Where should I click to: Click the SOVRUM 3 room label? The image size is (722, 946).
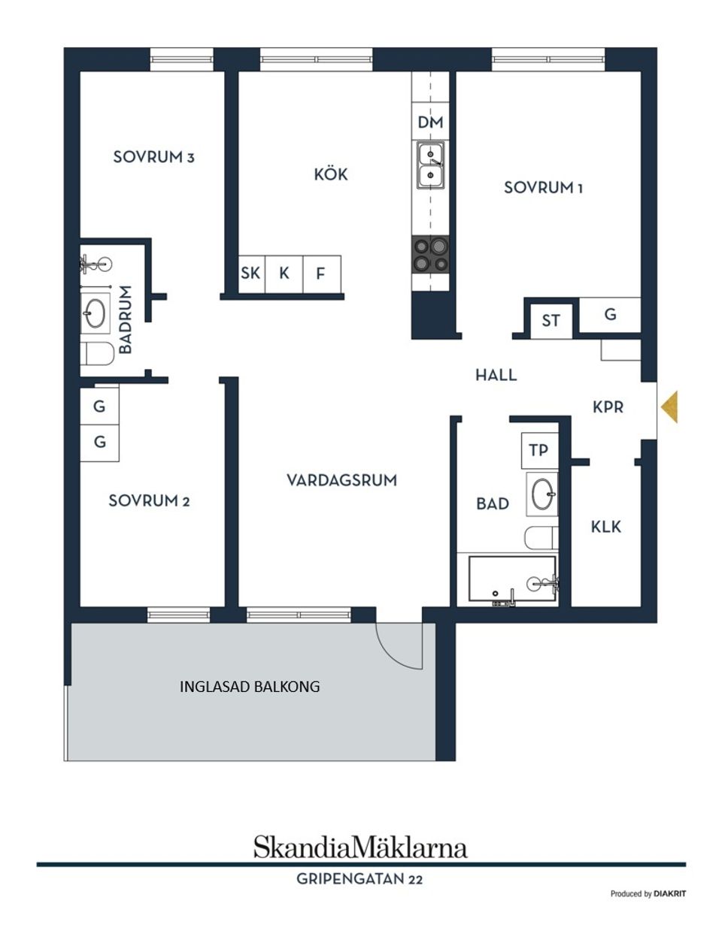153,157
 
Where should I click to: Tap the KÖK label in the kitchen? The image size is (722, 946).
331,174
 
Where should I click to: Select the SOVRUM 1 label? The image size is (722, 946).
543,187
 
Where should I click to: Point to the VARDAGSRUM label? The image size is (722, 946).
341,480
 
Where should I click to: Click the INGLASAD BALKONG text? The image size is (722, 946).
250,687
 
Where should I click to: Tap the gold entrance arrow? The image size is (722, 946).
669,407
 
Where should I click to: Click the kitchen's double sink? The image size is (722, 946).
431,165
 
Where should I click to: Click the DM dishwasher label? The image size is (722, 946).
431,122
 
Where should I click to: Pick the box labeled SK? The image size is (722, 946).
250,274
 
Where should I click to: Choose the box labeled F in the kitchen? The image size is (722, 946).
321,274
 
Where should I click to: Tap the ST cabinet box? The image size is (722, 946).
551,320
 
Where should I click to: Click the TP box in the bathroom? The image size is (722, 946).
538,451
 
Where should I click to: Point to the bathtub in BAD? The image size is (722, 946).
511,580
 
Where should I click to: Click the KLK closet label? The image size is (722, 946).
605,527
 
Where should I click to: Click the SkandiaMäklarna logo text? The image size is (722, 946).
360,847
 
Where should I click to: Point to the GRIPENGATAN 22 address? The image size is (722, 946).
359,878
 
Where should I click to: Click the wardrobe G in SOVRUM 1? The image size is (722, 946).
610,315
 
